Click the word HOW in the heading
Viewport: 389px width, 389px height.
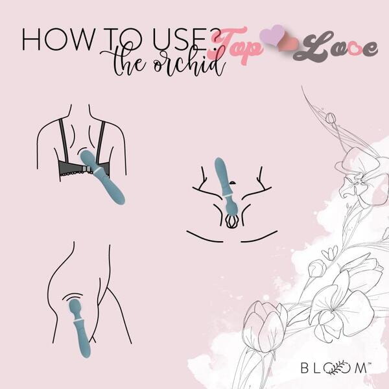pos(58,39)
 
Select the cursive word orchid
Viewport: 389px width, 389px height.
pos(189,62)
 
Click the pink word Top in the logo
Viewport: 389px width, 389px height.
pos(236,46)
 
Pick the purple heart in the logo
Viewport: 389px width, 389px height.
pos(273,35)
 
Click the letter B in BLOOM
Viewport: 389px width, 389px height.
pos(305,368)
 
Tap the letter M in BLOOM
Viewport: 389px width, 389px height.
pos(360,368)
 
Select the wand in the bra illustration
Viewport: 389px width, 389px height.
pos(102,176)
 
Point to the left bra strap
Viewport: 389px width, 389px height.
pos(64,140)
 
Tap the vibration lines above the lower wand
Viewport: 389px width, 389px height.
pos(72,296)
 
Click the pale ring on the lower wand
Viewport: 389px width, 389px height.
pos(79,322)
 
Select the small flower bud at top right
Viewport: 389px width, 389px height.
pos(331,118)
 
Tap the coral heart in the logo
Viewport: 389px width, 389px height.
pos(289,45)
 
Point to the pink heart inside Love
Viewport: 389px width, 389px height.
pos(353,49)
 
